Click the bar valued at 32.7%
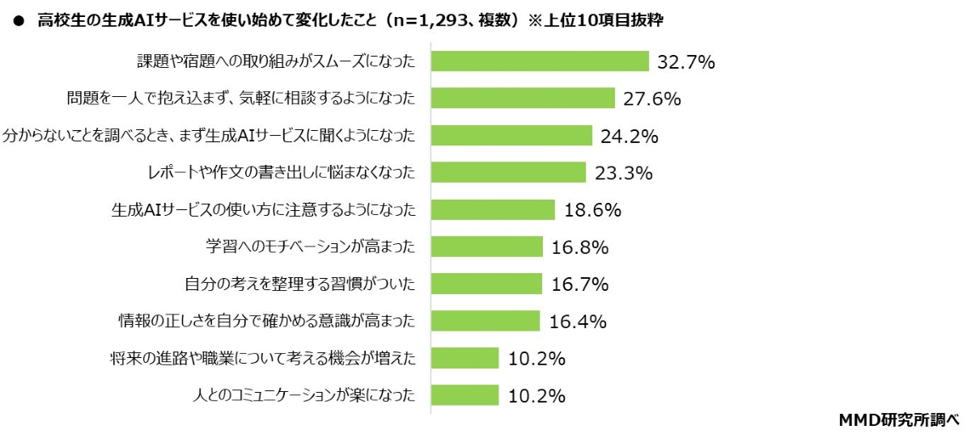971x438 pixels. [x=540, y=61]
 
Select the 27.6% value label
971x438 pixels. [x=651, y=99]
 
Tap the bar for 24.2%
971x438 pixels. [x=511, y=136]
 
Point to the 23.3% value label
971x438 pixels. [x=623, y=173]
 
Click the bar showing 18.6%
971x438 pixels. [x=492, y=210]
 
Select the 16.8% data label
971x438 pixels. [x=579, y=247]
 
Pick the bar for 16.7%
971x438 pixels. [x=486, y=284]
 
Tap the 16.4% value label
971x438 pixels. [x=578, y=322]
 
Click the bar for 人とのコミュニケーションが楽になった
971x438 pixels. [x=464, y=395]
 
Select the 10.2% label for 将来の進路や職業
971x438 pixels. [x=536, y=358]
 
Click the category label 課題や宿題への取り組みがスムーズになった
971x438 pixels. [x=275, y=61]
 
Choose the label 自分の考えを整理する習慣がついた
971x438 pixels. [x=300, y=284]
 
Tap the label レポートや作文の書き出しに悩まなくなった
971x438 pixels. [x=278, y=173]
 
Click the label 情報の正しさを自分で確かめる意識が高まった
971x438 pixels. [x=267, y=322]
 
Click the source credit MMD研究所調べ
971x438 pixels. [x=898, y=419]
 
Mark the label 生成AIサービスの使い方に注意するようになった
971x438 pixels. [x=263, y=210]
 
